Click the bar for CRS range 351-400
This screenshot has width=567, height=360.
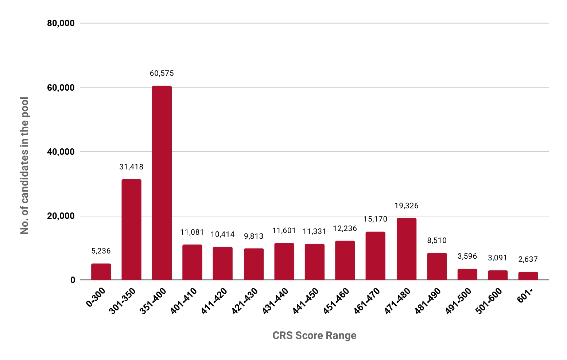coord(162,183)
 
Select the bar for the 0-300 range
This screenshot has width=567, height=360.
coord(101,272)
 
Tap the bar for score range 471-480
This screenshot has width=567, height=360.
coord(407,249)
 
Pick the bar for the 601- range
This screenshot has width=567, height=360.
coord(528,276)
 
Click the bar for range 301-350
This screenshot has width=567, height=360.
coord(131,230)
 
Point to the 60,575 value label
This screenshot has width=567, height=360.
coord(162,73)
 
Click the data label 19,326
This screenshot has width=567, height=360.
coord(407,206)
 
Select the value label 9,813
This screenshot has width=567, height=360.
coord(254,236)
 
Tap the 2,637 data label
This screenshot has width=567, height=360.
coord(528,259)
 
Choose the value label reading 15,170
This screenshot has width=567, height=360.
coord(375,219)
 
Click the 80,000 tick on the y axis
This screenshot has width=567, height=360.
coord(61,23)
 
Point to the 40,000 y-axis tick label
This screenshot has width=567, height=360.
coord(61,152)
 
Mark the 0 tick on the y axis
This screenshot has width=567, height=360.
coord(73,280)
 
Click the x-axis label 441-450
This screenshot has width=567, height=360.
coord(306,301)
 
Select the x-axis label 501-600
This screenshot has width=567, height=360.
coord(489,301)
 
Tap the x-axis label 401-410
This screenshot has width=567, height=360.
coord(184,301)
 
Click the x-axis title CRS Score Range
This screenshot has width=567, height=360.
coord(314,335)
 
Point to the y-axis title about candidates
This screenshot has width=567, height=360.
coord(24,166)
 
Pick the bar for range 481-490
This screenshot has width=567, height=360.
coord(437,266)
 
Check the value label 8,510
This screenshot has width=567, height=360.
coord(437,240)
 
